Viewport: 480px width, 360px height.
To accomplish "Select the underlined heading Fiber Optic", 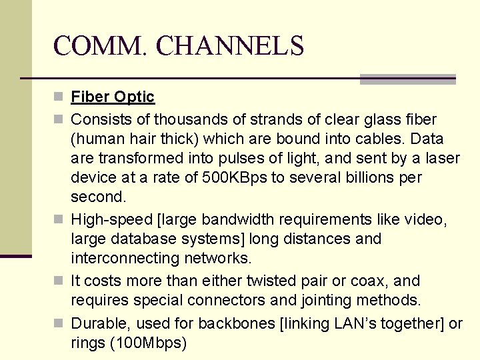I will click(x=113, y=97).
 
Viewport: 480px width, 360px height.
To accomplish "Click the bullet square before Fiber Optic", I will click(x=59, y=97).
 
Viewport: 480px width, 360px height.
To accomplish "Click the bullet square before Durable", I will click(x=59, y=324).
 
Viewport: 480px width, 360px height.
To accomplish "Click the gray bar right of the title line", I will click(x=407, y=79).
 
